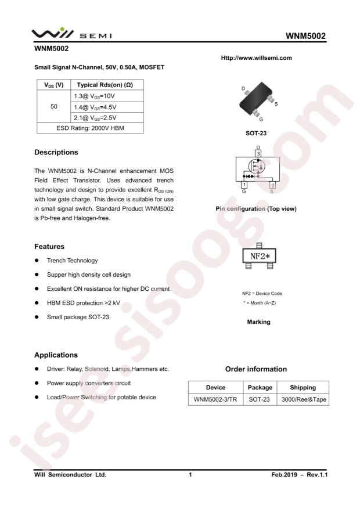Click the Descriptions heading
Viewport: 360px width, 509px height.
point(56,153)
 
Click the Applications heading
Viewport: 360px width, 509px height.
point(53,353)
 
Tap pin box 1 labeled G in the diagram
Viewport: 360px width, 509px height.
point(244,185)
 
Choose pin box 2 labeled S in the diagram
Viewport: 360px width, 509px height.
point(272,185)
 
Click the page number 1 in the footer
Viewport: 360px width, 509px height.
point(190,475)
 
